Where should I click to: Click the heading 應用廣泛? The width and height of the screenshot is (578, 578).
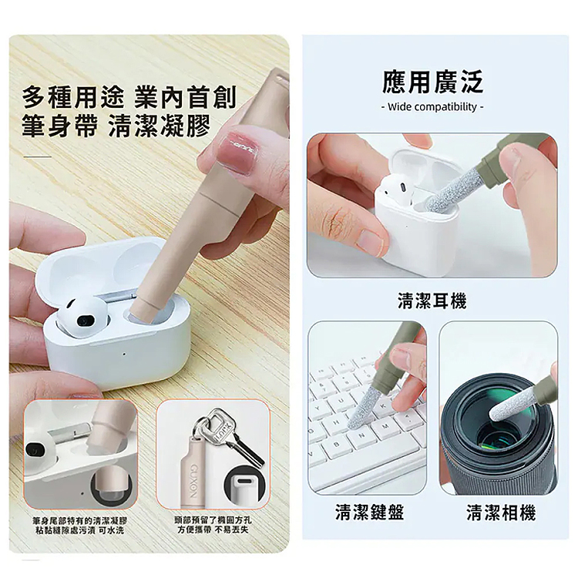[x=432, y=82]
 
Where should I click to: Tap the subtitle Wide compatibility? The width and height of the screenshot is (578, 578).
[x=432, y=107]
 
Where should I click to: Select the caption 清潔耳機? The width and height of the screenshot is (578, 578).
[x=432, y=301]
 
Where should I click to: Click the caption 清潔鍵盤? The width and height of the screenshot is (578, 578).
[x=369, y=512]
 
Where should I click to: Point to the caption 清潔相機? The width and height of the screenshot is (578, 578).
[x=501, y=512]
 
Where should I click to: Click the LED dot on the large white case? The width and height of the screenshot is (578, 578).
[x=124, y=354]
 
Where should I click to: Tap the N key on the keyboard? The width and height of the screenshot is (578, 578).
[x=361, y=436]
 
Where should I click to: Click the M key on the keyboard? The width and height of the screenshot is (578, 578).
[x=386, y=427]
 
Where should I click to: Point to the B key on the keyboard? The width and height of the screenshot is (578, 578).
[x=337, y=445]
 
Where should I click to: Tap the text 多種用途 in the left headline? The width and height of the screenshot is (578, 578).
[x=73, y=97]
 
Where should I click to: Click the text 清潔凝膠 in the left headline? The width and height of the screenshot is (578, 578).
[x=160, y=126]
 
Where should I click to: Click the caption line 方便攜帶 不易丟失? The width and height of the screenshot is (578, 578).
[x=213, y=529]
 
